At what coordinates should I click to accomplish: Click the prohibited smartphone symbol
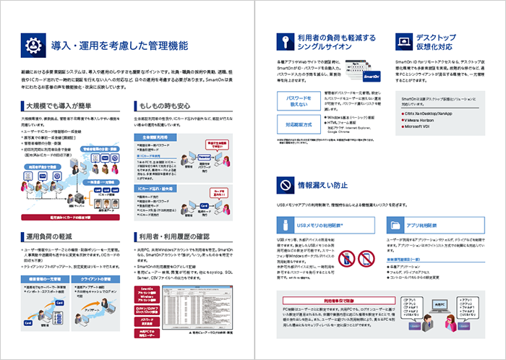coord(346,257)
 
